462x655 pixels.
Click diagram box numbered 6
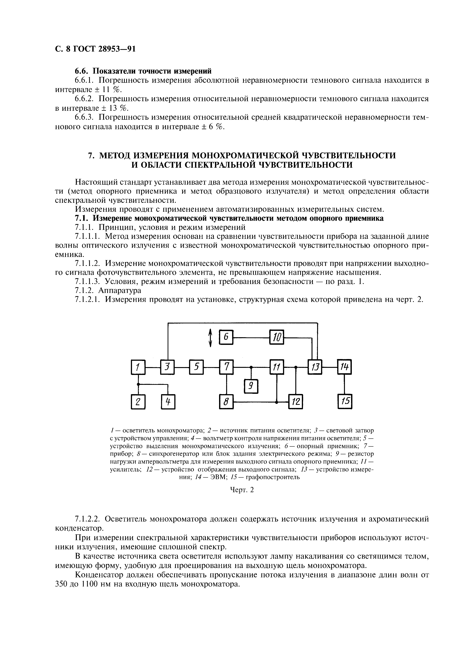pos(226,337)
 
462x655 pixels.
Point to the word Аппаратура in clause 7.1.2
pos(120,290)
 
